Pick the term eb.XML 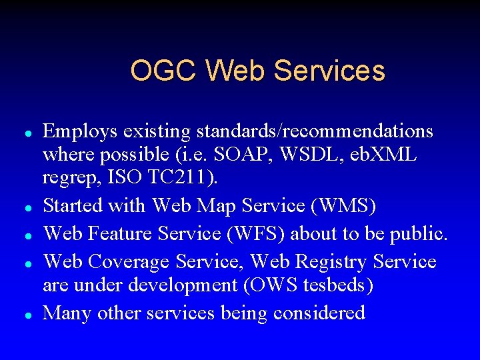[382, 155]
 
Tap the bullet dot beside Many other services [24, 314]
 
